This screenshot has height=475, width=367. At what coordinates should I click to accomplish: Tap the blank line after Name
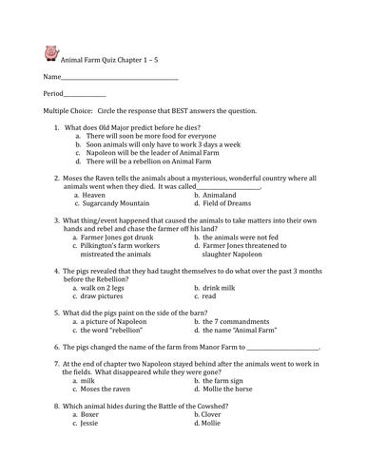click(x=119, y=79)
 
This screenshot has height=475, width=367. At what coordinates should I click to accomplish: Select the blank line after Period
click(x=86, y=95)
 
